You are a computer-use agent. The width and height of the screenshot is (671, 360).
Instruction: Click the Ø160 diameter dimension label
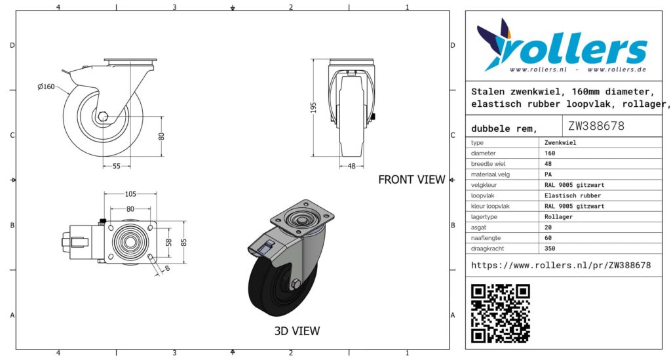47,87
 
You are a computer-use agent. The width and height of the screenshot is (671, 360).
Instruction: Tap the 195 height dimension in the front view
314,108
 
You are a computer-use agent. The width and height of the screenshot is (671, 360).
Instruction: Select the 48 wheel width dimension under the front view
352,166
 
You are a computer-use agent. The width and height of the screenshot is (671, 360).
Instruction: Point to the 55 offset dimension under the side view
117,166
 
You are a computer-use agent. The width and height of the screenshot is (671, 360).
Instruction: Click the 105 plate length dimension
130,194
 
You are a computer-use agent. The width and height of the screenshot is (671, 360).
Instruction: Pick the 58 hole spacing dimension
168,242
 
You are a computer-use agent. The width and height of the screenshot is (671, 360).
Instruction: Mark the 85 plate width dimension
183,242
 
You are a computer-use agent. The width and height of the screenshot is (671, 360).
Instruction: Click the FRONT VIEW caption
412,180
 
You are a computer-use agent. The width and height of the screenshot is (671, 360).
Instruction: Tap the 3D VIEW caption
297,331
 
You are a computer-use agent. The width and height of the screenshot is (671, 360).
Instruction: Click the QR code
501,313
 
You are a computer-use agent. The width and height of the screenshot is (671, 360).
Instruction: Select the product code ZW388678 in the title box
596,126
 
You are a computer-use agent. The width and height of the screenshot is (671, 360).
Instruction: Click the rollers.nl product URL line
561,266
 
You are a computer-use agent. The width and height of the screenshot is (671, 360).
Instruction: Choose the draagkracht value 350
550,249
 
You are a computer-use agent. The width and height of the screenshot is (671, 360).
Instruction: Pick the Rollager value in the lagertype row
558,216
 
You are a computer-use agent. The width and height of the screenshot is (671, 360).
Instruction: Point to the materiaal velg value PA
548,174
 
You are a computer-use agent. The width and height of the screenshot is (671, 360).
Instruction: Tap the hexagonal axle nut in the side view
103,117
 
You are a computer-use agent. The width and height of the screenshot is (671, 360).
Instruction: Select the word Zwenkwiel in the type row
560,142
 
